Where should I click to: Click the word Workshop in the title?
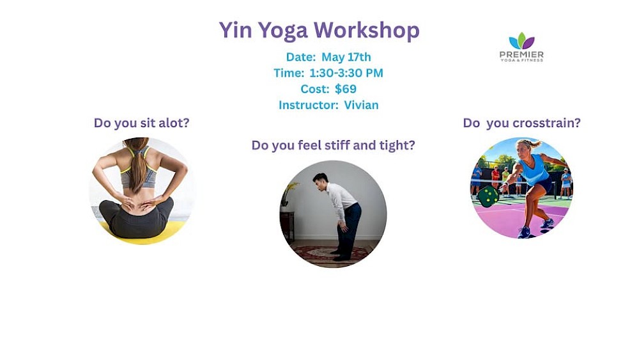coord(366,31)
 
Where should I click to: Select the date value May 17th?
coord(346,57)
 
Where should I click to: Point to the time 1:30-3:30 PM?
coord(346,73)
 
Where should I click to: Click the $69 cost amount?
coord(346,89)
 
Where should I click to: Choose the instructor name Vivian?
coord(361,106)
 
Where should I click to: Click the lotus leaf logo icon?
coord(521,40)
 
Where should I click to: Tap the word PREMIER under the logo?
coord(521,54)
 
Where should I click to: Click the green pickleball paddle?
coord(488,196)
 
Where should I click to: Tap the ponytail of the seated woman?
coord(139,163)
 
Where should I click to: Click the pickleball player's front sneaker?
coord(524,232)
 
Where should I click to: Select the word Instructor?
coord(308,106)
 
